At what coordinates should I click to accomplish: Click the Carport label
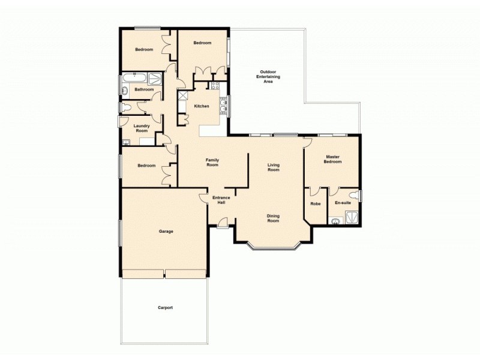(x=165, y=307)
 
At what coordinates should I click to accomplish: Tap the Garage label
(x=166, y=231)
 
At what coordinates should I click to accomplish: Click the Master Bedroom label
(x=332, y=159)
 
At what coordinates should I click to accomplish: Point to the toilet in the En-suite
(x=356, y=196)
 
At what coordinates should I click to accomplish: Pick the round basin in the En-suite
(x=335, y=221)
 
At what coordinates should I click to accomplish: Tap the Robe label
(x=315, y=203)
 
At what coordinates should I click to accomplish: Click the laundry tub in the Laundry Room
(x=127, y=142)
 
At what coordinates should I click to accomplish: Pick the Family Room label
(x=212, y=162)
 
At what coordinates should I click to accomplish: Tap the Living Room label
(x=273, y=167)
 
